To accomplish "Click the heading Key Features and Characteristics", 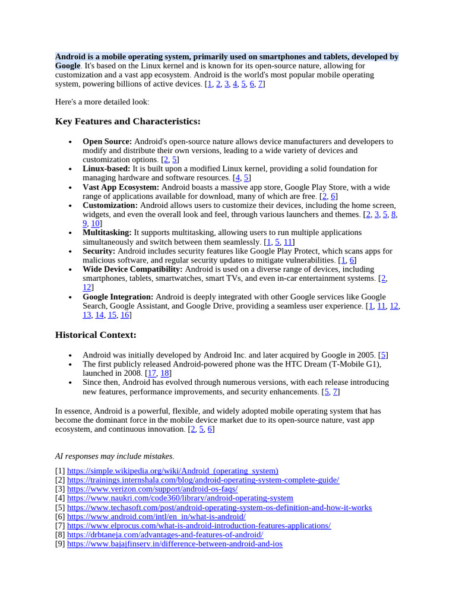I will pos(128,122).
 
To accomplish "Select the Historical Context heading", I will pos(96,335).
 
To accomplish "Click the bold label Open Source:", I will pos(107,141).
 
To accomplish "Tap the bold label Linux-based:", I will pos(106,169).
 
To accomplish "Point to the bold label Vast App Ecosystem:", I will pos(121,187).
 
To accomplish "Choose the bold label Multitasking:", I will pos(107,233).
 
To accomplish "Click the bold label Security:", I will pos(99,251).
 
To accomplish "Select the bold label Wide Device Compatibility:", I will pos(132,269).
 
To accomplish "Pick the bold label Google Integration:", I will pos(118,297).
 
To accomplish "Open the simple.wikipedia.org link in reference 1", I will pos(172,471).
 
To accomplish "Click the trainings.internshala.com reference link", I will pos(203,480).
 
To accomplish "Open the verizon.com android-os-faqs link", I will pos(152,489).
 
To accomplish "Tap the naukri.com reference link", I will pos(180,498).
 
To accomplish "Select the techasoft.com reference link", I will pos(219,508).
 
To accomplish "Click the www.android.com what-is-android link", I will pos(156,517).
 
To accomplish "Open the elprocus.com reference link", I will pos(199,526).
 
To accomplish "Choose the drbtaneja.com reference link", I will pos(165,535).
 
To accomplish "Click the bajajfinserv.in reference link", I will pos(175,544).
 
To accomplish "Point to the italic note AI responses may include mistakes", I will pos(114,456).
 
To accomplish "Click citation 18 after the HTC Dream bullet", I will pos(165,373).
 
